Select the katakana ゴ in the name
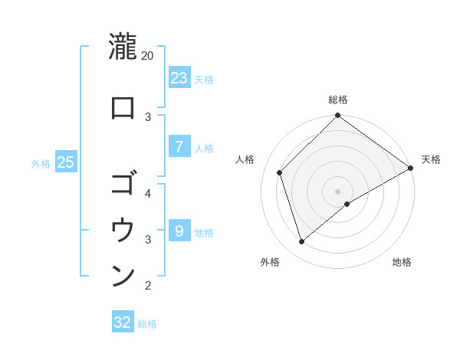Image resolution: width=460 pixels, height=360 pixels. point(123,184)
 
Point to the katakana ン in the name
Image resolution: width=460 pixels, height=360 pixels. point(123,276)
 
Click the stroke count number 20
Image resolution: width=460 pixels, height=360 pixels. point(148,56)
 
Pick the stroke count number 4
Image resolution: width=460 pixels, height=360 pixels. point(148,193)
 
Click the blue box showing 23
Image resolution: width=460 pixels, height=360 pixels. point(179,78)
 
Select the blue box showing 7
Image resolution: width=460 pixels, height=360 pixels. point(179,147)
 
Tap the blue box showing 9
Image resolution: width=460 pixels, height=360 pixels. point(179,231)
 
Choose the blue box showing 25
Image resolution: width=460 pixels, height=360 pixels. point(66,162)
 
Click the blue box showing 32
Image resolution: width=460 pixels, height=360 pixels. point(123,322)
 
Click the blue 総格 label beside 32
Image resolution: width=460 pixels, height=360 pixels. point(147,324)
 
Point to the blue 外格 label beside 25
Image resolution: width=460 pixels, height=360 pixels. point(41,163)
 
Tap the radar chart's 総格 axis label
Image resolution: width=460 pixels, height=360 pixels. point(338,100)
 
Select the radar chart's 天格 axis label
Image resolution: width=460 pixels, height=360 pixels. point(431,159)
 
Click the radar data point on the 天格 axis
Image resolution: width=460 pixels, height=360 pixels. point(410,169)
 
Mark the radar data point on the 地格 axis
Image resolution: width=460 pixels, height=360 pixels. point(347,204)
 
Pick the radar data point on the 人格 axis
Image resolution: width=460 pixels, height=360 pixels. point(280,172)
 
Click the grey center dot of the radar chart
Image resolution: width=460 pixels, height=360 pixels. point(338,191)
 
